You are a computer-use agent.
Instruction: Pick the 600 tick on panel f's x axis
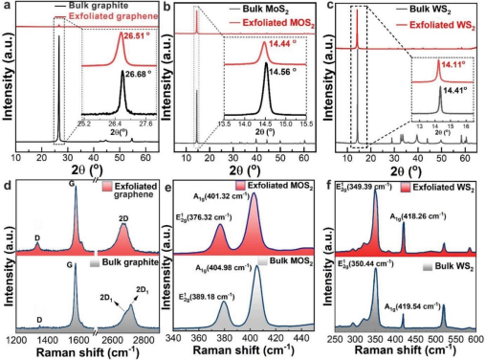[x=473, y=339]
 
